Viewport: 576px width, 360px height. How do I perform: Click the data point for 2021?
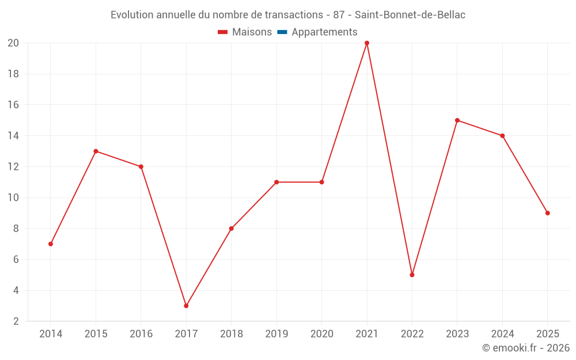pyautogui.click(x=367, y=43)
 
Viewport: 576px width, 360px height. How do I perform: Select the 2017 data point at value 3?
pyautogui.click(x=186, y=306)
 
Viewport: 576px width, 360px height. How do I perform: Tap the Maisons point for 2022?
pyautogui.click(x=412, y=275)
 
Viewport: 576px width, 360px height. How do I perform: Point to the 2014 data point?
pyautogui.click(x=51, y=244)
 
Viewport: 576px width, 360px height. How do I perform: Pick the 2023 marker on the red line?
pyautogui.click(x=457, y=120)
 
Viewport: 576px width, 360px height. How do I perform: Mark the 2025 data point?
pyautogui.click(x=548, y=213)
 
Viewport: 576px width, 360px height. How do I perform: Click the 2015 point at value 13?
pyautogui.click(x=96, y=151)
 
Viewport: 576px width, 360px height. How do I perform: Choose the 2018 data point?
pyautogui.click(x=232, y=229)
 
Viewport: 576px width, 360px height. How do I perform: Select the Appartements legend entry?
pyautogui.click(x=324, y=32)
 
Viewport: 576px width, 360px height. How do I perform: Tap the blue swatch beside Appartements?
pyautogui.click(x=282, y=32)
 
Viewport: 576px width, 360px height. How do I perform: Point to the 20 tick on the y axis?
pyautogui.click(x=13, y=43)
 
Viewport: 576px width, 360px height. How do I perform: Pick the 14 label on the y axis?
pyautogui.click(x=13, y=136)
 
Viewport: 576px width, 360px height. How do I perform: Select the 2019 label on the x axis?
pyautogui.click(x=276, y=334)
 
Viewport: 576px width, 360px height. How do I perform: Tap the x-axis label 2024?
pyautogui.click(x=502, y=334)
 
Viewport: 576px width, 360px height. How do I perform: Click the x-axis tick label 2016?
pyautogui.click(x=141, y=334)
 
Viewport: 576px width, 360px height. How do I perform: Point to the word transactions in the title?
pyautogui.click(x=291, y=15)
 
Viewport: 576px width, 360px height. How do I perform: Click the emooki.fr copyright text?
pyautogui.click(x=526, y=348)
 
